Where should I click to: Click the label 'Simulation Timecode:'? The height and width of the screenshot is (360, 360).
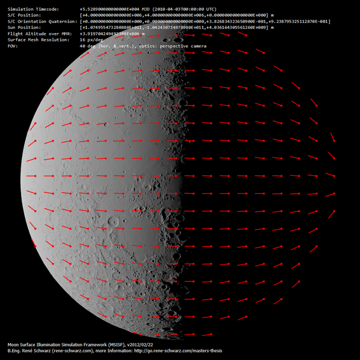[x=31, y=10]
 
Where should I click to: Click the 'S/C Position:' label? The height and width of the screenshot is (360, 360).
[x=23, y=16]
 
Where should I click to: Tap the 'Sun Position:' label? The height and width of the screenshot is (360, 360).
[x=23, y=28]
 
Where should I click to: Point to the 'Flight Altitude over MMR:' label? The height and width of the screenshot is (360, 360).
[x=35, y=34]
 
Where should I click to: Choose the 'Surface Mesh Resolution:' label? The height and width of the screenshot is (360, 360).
[x=35, y=40]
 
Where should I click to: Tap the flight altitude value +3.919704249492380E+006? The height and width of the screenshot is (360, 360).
[x=118, y=34]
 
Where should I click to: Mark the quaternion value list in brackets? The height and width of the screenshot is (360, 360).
[x=205, y=22]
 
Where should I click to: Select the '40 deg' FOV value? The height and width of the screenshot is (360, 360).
[x=88, y=46]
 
